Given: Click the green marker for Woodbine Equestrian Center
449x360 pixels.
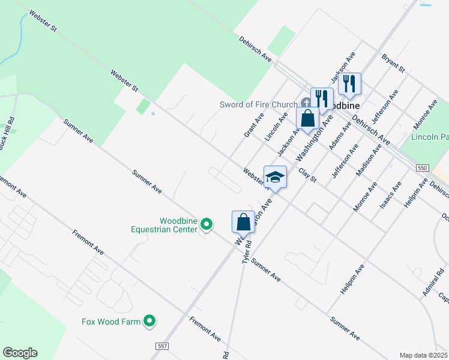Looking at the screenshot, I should (206, 224).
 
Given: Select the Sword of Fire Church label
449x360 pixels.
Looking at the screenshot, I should (259, 104).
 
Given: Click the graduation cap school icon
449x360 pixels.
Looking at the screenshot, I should (275, 177).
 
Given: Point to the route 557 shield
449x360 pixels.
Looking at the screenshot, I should (161, 346).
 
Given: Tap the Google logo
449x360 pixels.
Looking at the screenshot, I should (20, 353).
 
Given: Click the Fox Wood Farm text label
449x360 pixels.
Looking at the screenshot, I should (111, 322).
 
